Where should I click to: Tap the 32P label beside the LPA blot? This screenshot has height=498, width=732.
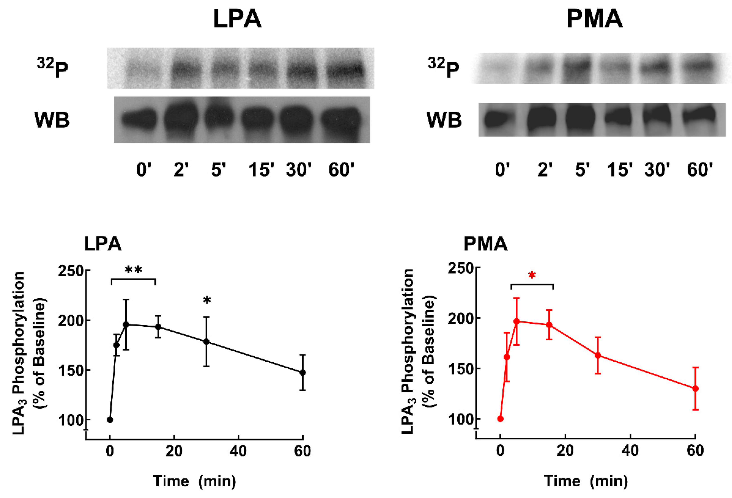tap(53, 68)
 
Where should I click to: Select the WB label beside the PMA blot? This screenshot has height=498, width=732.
tap(444, 120)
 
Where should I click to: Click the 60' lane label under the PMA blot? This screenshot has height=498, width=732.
tap(700, 170)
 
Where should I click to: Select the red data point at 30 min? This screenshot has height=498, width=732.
tap(598, 355)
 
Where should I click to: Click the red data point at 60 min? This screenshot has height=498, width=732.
tap(695, 388)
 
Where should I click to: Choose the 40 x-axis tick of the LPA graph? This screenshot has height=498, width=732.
tap(238, 451)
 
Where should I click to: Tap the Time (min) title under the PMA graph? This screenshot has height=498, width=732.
tap(586, 481)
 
